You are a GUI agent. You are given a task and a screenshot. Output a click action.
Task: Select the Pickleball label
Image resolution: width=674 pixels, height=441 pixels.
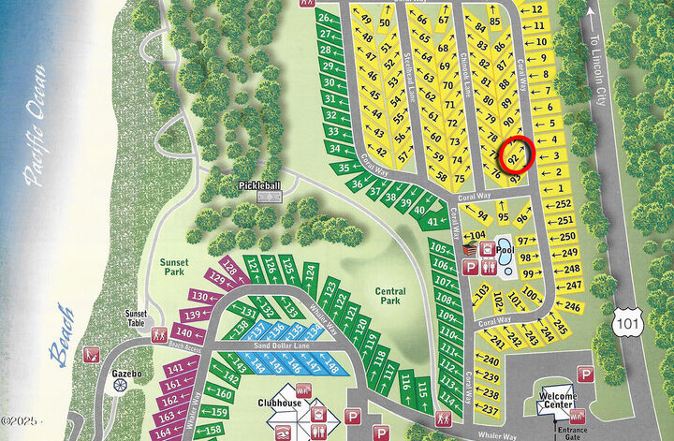tap(259, 186)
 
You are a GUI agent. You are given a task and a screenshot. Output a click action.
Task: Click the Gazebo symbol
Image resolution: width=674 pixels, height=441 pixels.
tap(119, 386)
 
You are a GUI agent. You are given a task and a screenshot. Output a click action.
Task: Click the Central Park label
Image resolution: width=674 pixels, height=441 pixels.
tap(389, 297)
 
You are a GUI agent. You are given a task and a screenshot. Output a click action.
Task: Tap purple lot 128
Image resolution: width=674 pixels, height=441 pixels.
tap(232, 266)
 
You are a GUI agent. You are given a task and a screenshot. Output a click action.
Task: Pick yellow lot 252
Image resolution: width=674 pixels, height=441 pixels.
tap(563, 203)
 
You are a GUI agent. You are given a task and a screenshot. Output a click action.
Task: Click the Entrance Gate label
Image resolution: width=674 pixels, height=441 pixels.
tap(568, 432)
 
